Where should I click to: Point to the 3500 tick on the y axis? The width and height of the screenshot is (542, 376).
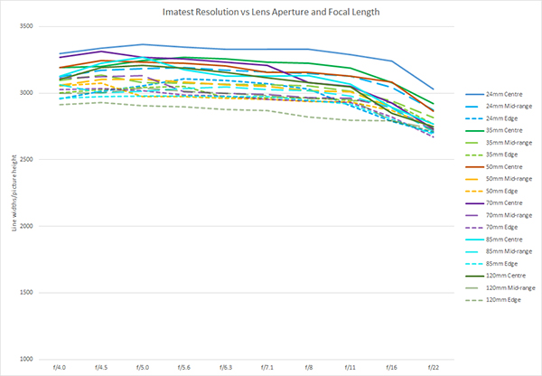pyautogui.click(x=24, y=27)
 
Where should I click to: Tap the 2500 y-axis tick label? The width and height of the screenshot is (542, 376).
pyautogui.click(x=24, y=160)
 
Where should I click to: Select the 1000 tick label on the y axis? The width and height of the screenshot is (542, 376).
pyautogui.click(x=24, y=359)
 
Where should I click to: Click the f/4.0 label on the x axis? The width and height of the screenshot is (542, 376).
pyautogui.click(x=59, y=368)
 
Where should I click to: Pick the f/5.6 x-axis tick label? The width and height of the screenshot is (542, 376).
pyautogui.click(x=183, y=368)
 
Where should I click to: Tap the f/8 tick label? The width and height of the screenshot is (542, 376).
pyautogui.click(x=309, y=368)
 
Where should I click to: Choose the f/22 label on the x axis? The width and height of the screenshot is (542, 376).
pyautogui.click(x=434, y=368)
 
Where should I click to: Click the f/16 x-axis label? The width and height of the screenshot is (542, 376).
pyautogui.click(x=392, y=368)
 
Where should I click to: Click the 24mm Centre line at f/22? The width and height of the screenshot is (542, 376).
pyautogui.click(x=434, y=89)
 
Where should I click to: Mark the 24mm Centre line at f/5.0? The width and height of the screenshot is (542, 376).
pyautogui.click(x=142, y=44)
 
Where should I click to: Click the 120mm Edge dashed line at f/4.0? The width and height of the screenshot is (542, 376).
pyautogui.click(x=59, y=105)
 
